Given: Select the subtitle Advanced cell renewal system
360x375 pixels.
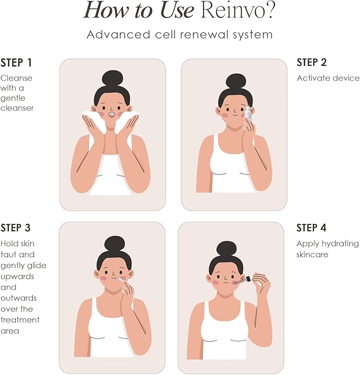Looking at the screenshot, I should [180, 35].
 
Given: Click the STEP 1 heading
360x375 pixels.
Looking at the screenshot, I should [16, 63].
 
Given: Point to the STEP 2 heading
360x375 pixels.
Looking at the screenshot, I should [312, 63].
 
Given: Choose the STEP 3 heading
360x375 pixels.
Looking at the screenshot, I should [16, 228].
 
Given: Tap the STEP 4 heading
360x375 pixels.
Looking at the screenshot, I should [312, 228].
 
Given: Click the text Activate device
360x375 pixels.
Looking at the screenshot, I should [328, 78].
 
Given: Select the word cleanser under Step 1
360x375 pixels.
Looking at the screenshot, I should [17, 108].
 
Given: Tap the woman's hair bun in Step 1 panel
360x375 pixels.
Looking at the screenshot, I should [112, 78].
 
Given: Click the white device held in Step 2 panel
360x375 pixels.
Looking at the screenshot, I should [248, 112].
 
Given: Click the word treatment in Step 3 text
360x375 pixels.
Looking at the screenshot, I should [20, 320].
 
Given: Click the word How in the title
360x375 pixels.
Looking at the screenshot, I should [105, 11].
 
